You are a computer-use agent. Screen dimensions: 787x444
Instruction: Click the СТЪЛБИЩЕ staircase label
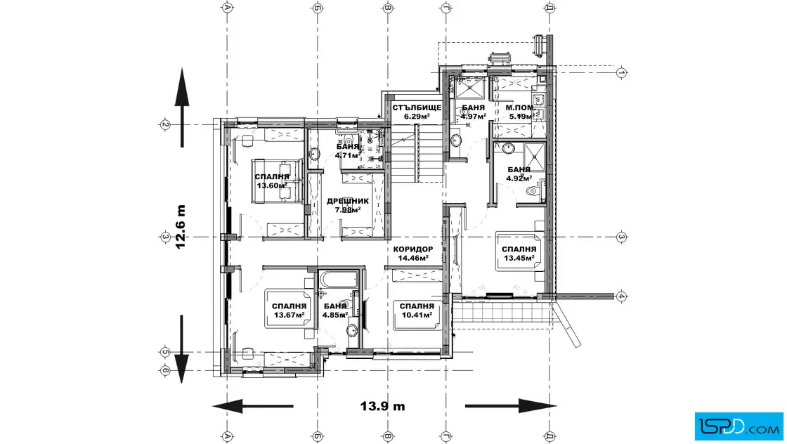[x=417, y=108]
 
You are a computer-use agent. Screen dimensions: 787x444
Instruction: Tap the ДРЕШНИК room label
[x=348, y=201]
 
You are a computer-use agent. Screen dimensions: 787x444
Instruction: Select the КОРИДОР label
[x=413, y=249]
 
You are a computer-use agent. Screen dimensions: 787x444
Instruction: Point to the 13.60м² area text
[x=271, y=185]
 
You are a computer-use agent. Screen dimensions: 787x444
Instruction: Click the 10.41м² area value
[x=417, y=315]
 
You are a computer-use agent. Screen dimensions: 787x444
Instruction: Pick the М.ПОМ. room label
[x=519, y=108]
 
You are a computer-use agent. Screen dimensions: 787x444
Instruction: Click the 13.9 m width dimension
[x=382, y=406]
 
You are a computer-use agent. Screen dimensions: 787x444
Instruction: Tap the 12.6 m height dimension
[x=180, y=227]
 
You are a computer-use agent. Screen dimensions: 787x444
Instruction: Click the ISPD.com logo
[x=739, y=426]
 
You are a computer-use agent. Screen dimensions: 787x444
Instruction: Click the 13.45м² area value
[x=519, y=259]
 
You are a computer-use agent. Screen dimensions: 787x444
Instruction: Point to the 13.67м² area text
[x=289, y=315]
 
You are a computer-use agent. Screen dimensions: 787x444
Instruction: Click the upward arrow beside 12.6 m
[x=182, y=107]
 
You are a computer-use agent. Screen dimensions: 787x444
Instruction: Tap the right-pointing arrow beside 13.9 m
[x=511, y=406]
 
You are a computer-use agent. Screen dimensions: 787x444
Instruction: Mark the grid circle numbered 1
[x=621, y=73]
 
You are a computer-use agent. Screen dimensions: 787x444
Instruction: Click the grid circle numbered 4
[x=621, y=296]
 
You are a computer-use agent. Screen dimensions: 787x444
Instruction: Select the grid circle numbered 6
[x=165, y=371]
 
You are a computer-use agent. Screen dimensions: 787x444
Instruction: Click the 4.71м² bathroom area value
[x=347, y=155]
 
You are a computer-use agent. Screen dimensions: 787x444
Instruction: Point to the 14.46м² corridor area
[x=413, y=259]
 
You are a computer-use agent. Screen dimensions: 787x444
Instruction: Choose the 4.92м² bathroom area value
[x=519, y=178]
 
